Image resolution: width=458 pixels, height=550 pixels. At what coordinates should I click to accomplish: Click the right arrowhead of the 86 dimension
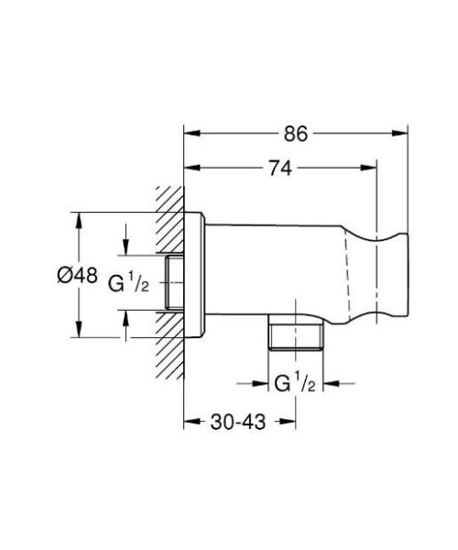[x=400, y=133]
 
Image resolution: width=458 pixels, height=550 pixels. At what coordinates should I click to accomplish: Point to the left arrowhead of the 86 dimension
[x=191, y=133]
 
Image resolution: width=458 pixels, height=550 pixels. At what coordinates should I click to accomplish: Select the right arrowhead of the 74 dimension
[x=371, y=169]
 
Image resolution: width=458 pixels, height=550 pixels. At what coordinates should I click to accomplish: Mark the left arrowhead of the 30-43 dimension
[x=191, y=423]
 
